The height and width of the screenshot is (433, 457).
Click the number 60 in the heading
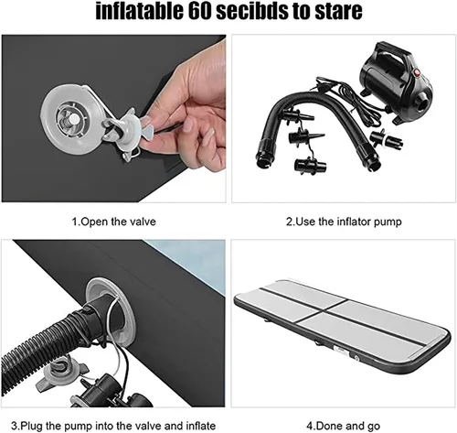pos(199,11)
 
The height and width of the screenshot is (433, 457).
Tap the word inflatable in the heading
pos(140,11)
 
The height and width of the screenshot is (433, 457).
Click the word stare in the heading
pos(338,11)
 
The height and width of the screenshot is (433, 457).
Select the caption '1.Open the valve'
pos(113,222)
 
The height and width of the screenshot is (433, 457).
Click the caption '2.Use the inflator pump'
pos(344,222)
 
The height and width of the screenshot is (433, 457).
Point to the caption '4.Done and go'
pos(344,426)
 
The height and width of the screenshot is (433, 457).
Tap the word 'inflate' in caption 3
pos(198,426)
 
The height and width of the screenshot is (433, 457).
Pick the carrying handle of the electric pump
pos(392,52)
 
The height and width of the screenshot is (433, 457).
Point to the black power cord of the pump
pos(345,98)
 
